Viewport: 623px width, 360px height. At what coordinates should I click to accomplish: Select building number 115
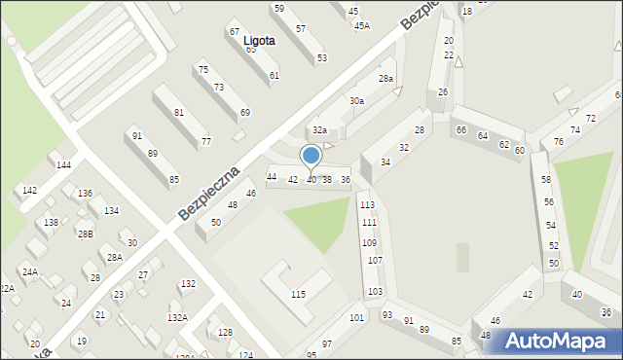point(298,294)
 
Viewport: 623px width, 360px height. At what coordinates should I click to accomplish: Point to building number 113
point(367,205)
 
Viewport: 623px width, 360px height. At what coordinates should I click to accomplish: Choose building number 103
point(375,292)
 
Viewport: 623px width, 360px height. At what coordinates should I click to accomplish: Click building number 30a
point(357,100)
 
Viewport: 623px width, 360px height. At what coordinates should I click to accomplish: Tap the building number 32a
point(318,129)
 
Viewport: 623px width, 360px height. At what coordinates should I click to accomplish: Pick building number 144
point(63,165)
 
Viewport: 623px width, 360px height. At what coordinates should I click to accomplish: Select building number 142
point(29,191)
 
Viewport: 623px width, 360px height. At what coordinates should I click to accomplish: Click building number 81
point(179,113)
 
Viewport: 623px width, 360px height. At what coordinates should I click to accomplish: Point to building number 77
point(205,142)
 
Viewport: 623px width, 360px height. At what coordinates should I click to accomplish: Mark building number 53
point(321,58)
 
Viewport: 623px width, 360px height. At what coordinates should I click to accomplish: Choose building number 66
point(461,129)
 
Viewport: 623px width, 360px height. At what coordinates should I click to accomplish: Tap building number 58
point(546,180)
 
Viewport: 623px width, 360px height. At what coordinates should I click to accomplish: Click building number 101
point(357,318)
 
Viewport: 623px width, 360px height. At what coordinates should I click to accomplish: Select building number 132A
point(177,317)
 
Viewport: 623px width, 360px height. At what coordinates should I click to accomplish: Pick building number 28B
point(86,234)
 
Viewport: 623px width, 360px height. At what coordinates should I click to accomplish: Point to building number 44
point(272,176)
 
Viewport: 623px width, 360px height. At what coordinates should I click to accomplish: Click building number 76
point(558,142)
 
